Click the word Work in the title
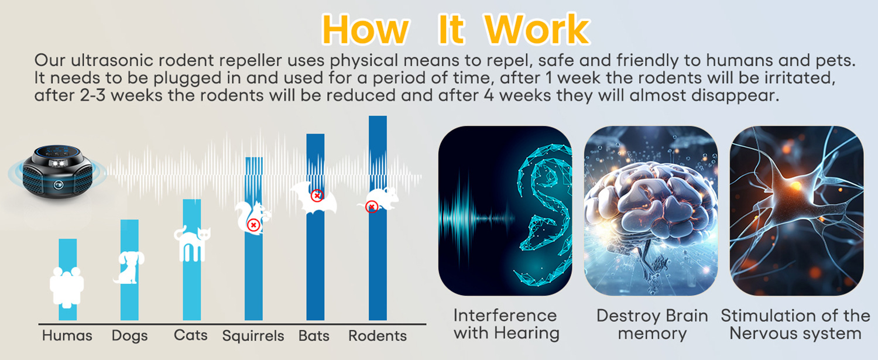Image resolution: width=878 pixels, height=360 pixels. pyautogui.click(x=537, y=29)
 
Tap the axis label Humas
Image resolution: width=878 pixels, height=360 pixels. pyautogui.click(x=67, y=335)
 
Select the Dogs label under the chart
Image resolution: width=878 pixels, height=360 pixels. pyautogui.click(x=129, y=336)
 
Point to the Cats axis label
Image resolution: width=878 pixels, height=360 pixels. pyautogui.click(x=190, y=335)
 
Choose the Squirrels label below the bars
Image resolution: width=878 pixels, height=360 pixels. pyautogui.click(x=253, y=336)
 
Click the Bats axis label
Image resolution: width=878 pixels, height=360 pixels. pyautogui.click(x=314, y=335)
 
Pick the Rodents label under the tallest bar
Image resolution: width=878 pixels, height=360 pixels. pyautogui.click(x=378, y=335)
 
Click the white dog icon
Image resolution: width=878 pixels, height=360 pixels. pyautogui.click(x=129, y=267)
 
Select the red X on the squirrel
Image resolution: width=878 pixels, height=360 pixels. pyautogui.click(x=253, y=225)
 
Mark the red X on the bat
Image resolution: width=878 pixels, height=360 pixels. pyautogui.click(x=317, y=196)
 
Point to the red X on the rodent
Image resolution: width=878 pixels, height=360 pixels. pyautogui.click(x=371, y=207)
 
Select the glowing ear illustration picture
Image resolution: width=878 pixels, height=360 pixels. pyautogui.click(x=505, y=211)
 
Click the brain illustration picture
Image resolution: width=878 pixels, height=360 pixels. pyautogui.click(x=651, y=211)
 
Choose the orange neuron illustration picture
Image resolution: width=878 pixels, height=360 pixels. pyautogui.click(x=797, y=211)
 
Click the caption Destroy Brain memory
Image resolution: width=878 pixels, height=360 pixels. pyautogui.click(x=652, y=324)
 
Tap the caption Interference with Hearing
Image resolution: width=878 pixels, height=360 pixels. pyautogui.click(x=506, y=324)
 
